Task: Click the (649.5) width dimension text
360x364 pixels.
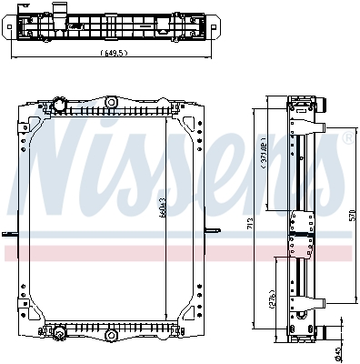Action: (x=116, y=52)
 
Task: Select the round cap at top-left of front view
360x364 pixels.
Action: (x=61, y=104)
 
